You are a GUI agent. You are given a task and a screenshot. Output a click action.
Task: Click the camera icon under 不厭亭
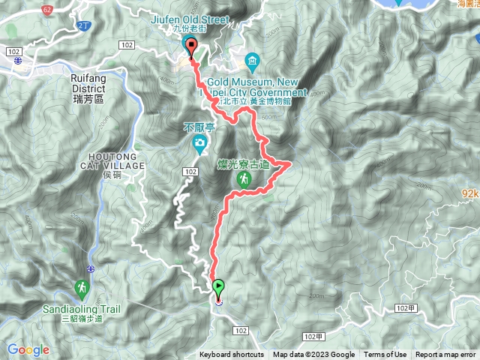click(199, 143)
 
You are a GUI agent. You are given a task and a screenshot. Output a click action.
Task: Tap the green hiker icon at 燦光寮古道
click(244, 179)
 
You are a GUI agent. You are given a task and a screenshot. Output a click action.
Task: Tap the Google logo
click(28, 349)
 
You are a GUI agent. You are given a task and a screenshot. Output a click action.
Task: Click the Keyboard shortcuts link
click(231, 355)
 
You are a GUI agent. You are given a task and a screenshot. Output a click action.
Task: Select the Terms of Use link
click(385, 355)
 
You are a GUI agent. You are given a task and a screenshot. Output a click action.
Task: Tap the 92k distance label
click(469, 193)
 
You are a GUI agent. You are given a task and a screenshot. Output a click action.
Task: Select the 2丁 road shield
click(82, 26)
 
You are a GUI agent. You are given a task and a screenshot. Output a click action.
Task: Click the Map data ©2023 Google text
click(313, 355)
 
